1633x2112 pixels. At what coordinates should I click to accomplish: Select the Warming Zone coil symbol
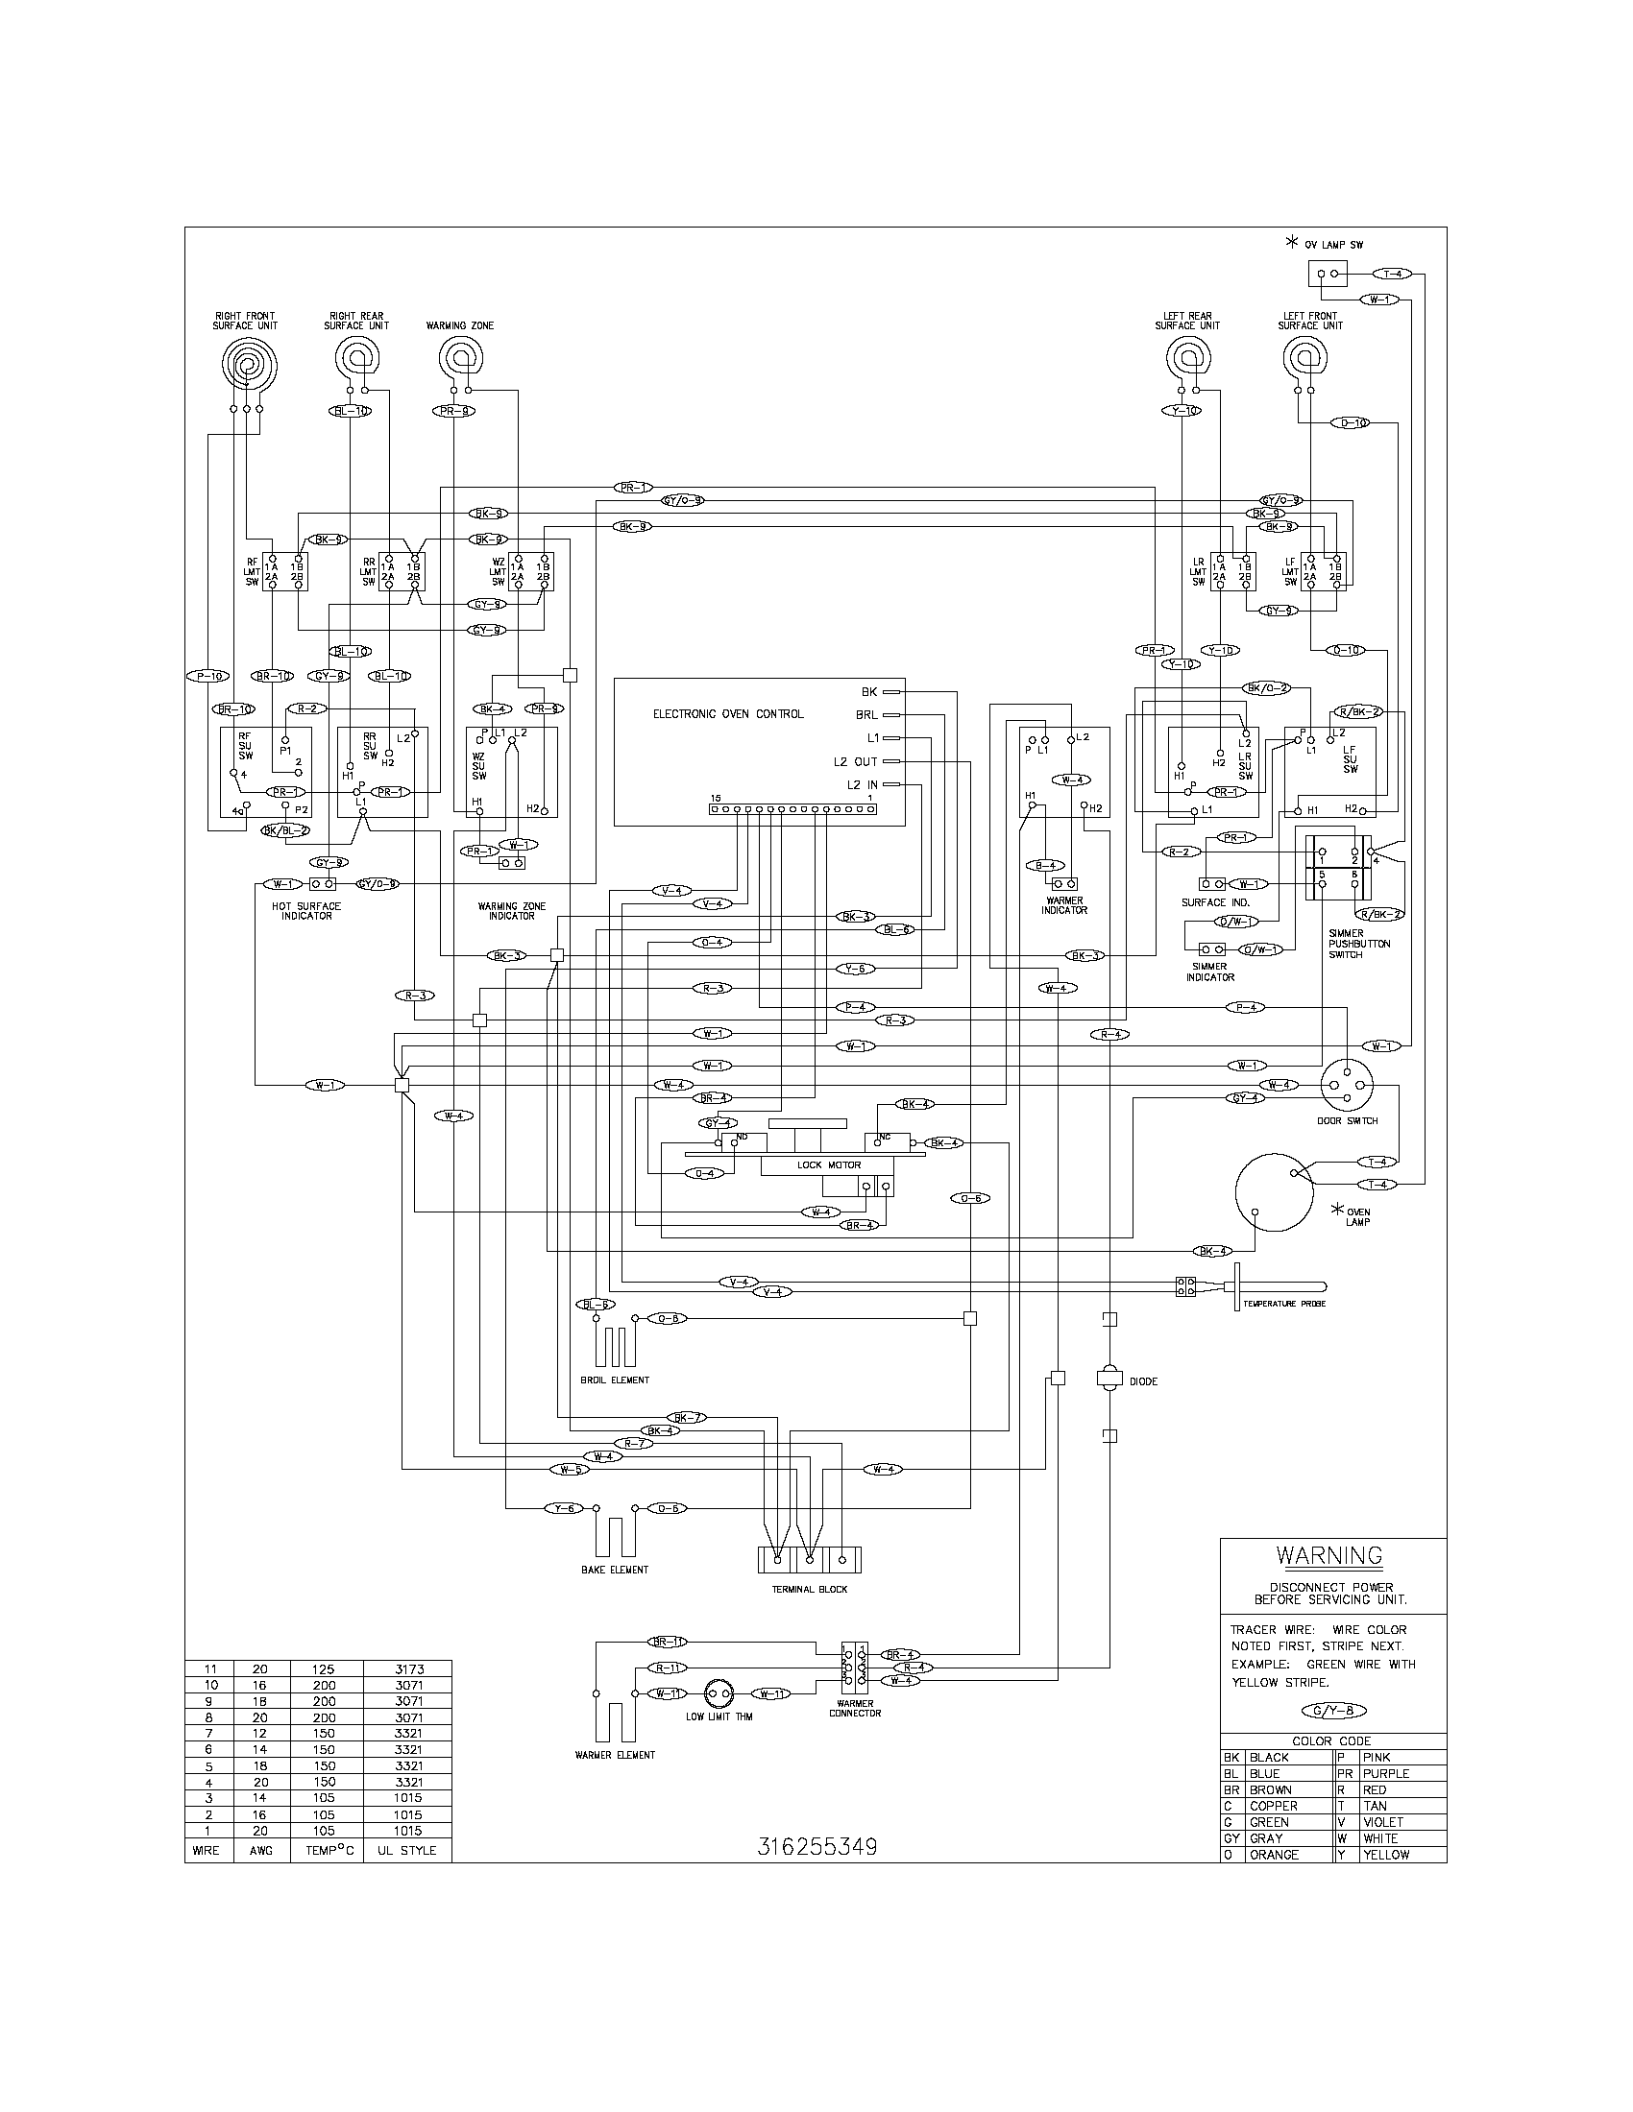tap(459, 362)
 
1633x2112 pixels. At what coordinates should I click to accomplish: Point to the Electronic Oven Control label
tap(727, 714)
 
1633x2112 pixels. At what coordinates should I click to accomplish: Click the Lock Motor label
tap(829, 1165)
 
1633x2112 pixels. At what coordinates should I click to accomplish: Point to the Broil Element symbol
tap(614, 1345)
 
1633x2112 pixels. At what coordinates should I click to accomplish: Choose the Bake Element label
tap(615, 1570)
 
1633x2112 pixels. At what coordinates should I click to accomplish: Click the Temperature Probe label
tap(1283, 1304)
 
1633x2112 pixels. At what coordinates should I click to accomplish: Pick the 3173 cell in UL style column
tap(407, 1669)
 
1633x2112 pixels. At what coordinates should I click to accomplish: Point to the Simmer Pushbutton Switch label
tap(1359, 944)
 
